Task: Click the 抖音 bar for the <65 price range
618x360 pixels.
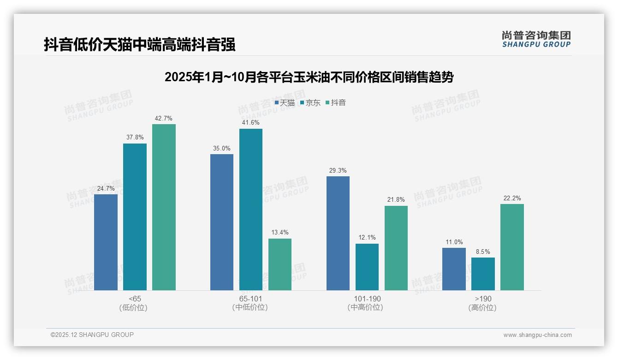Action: click(x=164, y=207)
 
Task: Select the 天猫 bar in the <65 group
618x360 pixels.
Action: click(x=106, y=242)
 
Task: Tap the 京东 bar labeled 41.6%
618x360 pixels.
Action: click(x=250, y=210)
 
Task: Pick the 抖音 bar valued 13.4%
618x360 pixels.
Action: click(x=280, y=264)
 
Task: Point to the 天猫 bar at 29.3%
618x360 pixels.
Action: click(x=338, y=233)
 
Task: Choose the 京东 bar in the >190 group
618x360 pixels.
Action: click(x=483, y=274)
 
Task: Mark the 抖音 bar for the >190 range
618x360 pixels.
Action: click(x=512, y=247)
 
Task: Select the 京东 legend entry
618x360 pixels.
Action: click(x=310, y=103)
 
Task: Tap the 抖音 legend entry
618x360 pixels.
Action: click(x=336, y=103)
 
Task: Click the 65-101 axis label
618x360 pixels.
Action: click(x=250, y=299)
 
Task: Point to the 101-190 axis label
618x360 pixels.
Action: click(x=367, y=299)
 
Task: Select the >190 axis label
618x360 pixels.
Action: click(x=482, y=299)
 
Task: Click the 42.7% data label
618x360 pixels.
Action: click(x=164, y=119)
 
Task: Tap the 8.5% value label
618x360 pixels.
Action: click(x=483, y=252)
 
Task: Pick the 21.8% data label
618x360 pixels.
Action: click(x=396, y=200)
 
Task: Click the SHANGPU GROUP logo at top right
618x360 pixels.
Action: click(x=536, y=39)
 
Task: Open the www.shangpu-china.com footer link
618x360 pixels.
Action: click(x=537, y=335)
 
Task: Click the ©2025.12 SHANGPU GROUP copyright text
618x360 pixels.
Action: click(x=92, y=335)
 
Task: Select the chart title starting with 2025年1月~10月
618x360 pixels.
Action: click(x=309, y=77)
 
